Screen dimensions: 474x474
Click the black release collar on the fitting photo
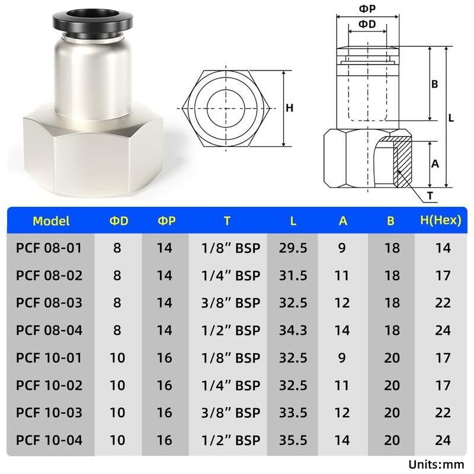(92, 23)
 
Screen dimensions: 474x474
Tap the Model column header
(51, 221)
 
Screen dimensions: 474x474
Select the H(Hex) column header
(441, 220)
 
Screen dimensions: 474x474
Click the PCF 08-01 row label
(49, 248)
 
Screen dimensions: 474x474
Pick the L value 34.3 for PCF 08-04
(293, 330)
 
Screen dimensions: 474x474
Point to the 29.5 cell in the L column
(293, 248)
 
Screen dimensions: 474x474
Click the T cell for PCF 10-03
(230, 412)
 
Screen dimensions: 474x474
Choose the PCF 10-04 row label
(49, 440)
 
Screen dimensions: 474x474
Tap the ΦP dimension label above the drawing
(367, 9)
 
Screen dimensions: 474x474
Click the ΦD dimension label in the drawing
(367, 24)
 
